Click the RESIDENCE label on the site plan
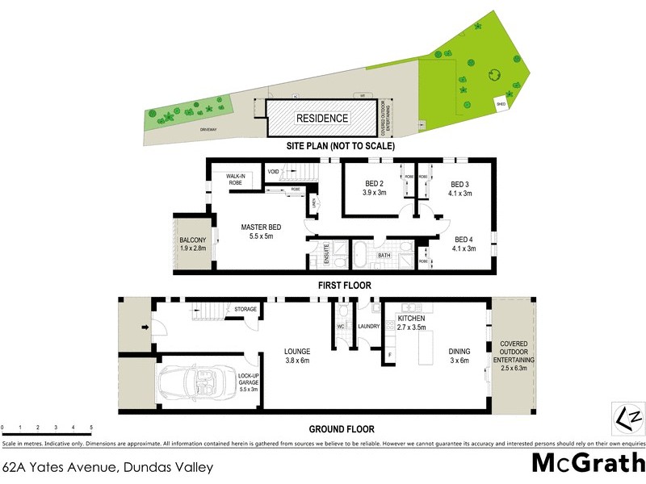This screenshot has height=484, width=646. click(x=322, y=119)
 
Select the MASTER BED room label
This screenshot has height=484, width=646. click(x=260, y=232)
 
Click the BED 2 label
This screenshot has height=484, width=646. click(x=374, y=187)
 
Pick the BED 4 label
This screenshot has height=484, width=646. click(x=464, y=244)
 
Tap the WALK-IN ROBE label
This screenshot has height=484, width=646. click(x=236, y=180)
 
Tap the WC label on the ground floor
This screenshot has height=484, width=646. click(x=341, y=326)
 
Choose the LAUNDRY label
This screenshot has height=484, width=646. click(x=369, y=326)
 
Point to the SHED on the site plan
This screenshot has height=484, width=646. click(x=501, y=104)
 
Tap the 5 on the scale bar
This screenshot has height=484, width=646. click(x=91, y=427)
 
